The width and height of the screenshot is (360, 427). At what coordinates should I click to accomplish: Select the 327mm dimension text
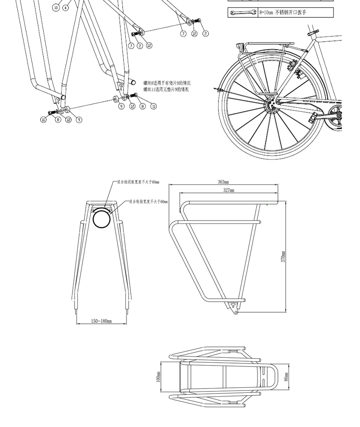click(228, 191)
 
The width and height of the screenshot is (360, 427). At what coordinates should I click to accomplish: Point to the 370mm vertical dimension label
click(284, 257)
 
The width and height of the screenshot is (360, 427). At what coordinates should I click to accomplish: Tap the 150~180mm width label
click(101, 321)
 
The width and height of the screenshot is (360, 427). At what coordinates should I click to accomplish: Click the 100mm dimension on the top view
click(158, 378)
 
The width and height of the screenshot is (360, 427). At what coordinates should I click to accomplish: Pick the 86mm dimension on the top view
click(286, 377)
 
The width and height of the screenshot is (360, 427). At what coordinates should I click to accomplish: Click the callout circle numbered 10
click(56, 7)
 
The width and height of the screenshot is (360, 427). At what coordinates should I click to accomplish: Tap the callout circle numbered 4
click(66, 7)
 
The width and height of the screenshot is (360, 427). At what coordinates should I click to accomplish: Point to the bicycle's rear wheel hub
click(272, 103)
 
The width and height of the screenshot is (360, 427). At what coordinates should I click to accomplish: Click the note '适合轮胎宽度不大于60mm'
click(148, 202)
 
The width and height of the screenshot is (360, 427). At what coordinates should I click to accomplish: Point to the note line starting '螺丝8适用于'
click(167, 83)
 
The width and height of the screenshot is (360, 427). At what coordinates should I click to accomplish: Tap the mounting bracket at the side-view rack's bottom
click(234, 306)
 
